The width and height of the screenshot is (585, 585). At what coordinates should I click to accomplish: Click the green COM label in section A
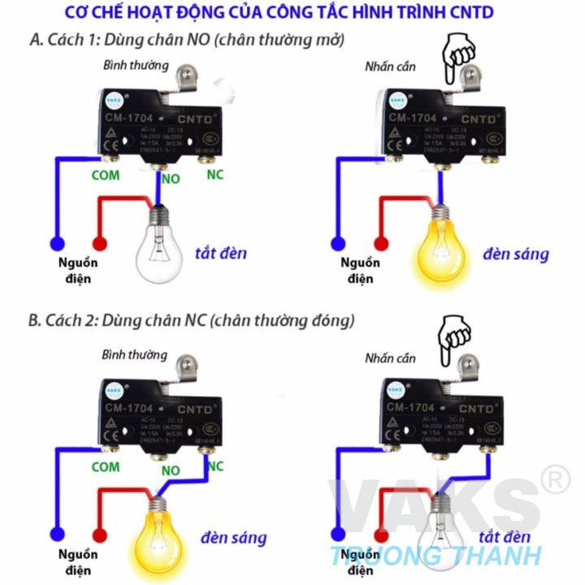tap(105, 175)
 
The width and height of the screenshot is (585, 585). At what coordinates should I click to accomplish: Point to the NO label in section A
tap(171, 178)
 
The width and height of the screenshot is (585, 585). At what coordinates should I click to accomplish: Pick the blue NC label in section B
tap(215, 466)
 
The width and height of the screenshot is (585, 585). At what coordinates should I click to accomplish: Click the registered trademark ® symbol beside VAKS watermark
tap(555, 482)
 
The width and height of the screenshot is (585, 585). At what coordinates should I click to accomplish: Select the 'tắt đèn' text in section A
tap(220, 253)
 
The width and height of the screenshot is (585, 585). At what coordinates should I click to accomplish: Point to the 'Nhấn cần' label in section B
tap(389, 357)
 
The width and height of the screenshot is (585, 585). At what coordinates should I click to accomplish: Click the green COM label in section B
tap(105, 467)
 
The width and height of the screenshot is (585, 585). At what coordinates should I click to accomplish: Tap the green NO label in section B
tap(171, 470)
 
